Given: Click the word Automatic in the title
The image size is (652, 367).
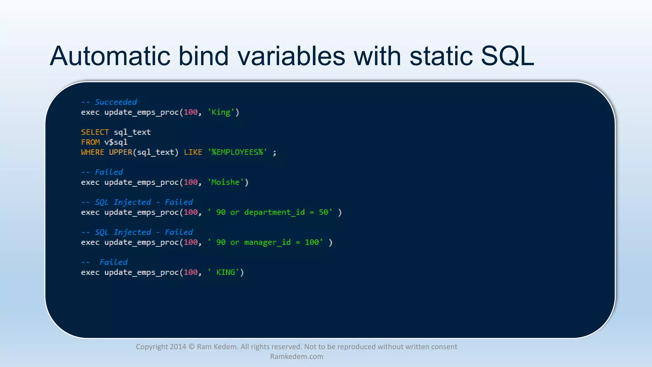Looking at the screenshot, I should tap(110, 56).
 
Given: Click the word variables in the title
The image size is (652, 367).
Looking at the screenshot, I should tap(291, 56).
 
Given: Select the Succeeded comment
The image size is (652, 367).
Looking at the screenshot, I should tap(116, 102).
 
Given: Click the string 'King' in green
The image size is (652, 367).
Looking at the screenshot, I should tap(221, 112).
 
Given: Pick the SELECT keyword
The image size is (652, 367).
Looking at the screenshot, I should tap(95, 132).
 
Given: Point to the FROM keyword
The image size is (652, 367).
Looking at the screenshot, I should tap(90, 142).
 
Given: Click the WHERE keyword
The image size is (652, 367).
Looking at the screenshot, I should tap(92, 152).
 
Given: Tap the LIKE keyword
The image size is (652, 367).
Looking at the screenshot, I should tap(193, 152).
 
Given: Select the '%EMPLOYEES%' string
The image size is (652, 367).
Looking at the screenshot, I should tap(237, 152).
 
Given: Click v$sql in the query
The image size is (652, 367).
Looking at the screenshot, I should tap(116, 142).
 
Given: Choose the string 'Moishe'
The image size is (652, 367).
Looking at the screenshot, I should tap(225, 182).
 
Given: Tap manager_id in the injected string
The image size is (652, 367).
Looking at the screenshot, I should tap(267, 242).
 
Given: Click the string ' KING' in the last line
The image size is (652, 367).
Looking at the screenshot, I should tap(223, 272).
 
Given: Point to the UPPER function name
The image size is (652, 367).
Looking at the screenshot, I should tap(120, 152).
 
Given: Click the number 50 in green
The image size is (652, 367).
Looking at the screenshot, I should tap(323, 212).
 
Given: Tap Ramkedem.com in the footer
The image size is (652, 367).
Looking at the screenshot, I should tap(296, 356).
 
